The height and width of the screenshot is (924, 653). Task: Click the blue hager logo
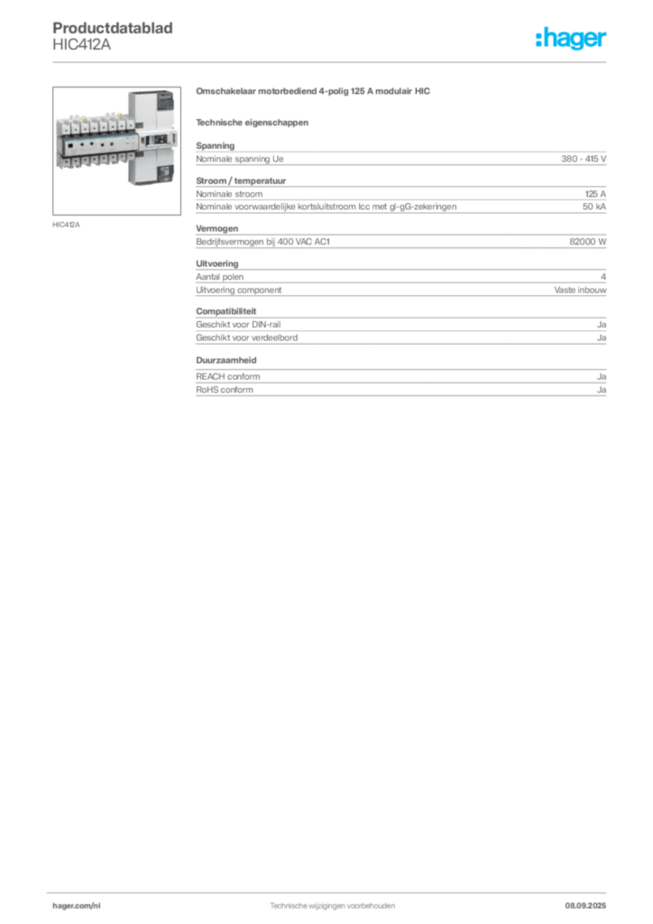tap(572, 40)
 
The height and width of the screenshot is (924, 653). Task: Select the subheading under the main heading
tap(253, 122)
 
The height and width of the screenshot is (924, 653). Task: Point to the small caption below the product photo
tap(68, 225)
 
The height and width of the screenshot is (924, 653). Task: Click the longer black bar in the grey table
tap(448, 242)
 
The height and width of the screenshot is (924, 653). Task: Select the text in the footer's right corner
tap(593, 900)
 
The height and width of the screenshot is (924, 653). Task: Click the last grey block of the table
tap(400, 381)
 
